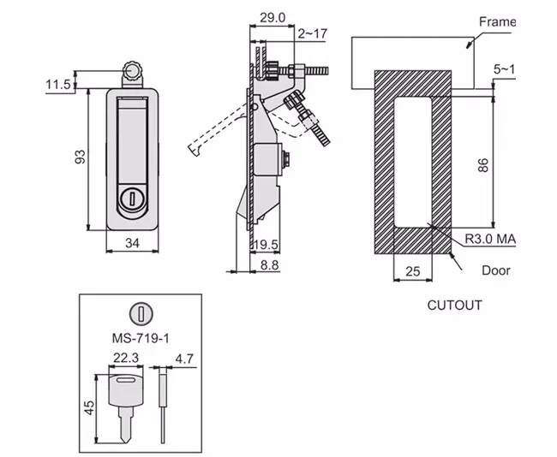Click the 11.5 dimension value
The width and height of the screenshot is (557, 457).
58,84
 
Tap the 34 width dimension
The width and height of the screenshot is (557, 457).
132,244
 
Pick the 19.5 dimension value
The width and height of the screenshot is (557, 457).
267,246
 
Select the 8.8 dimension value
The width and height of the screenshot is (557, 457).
270,266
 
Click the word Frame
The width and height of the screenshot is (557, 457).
498,21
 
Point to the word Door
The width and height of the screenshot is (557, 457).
494,270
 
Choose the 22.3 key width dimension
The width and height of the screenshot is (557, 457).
125,357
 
